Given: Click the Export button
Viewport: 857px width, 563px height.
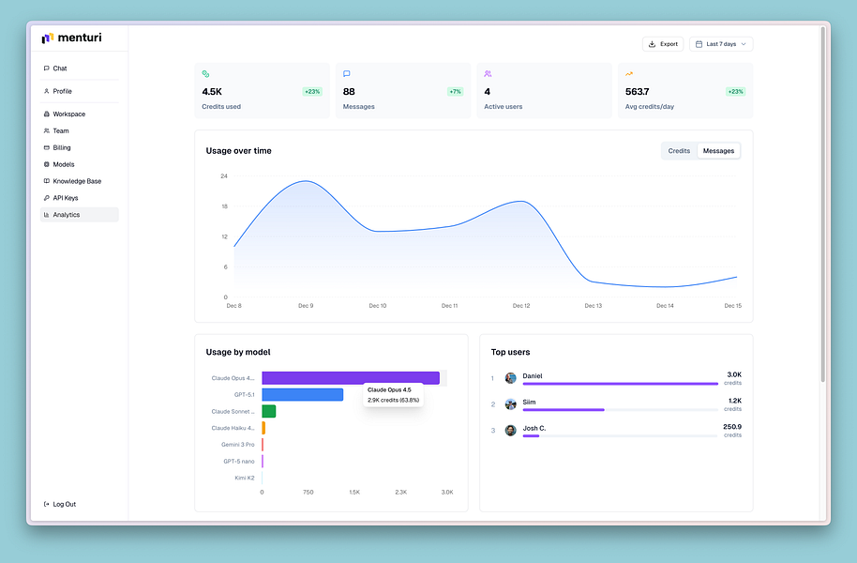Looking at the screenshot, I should [663, 44].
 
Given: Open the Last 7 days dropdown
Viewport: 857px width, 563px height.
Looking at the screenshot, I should [721, 44].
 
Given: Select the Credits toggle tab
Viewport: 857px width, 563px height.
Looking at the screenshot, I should [679, 151].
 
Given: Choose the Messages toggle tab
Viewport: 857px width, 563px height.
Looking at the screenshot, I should [718, 151].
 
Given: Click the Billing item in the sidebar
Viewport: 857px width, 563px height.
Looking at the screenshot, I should [62, 147].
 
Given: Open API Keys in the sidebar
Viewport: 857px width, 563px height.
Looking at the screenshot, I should [66, 198].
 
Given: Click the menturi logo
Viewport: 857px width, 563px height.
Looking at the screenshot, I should [73, 38].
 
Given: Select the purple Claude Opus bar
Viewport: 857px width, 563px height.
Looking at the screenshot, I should [350, 378].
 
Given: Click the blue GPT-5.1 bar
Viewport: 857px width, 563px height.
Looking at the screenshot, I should [302, 395].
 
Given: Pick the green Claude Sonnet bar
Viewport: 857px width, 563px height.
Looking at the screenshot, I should [268, 411].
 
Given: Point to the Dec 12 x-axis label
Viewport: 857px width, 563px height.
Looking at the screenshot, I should [521, 306].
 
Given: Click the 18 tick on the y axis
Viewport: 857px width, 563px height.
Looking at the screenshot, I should [224, 206].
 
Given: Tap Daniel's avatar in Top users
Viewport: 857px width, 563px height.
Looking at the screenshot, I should [511, 378].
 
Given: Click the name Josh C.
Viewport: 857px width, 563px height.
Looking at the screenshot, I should [534, 428].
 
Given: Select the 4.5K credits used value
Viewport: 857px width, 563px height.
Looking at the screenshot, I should [212, 92].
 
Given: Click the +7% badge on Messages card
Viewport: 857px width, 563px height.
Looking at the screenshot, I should [455, 92].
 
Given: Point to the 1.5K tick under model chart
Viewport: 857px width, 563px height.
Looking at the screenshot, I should [354, 492].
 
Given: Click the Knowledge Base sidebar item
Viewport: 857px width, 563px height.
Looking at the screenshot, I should [77, 181].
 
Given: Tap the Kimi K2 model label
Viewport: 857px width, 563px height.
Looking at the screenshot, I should [245, 478].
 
